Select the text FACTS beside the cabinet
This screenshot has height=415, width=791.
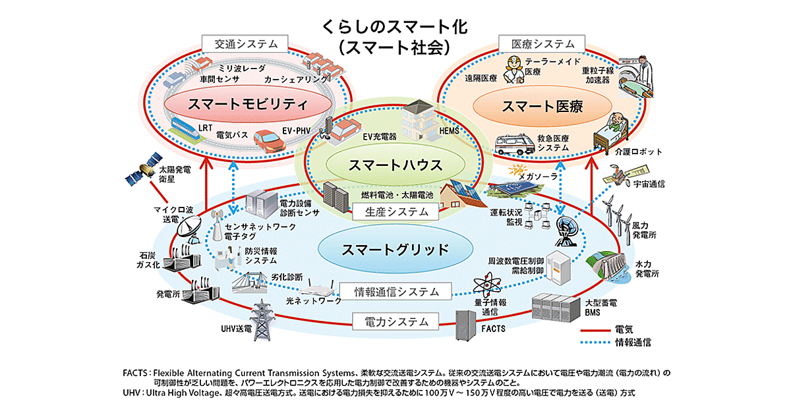(494, 327)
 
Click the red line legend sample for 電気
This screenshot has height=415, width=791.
(595, 329)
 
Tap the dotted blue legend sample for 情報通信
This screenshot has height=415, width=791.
(595, 343)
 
